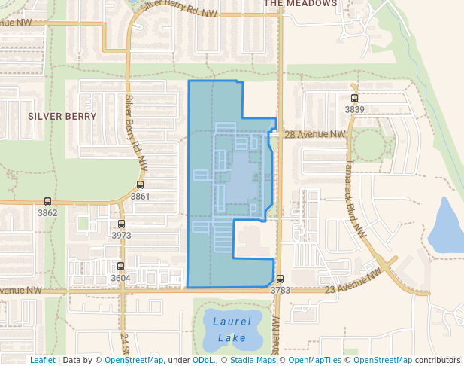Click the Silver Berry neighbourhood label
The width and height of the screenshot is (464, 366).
pyautogui.click(x=62, y=117)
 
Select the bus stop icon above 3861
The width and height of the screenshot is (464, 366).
pyautogui.click(x=141, y=185)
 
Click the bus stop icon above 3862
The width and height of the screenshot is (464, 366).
pyautogui.click(x=48, y=202)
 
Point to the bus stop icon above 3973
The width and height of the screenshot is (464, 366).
pyautogui.click(x=121, y=224)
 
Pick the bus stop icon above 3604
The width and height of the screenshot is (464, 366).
pyautogui.click(x=120, y=267)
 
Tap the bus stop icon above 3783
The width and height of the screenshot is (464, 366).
pyautogui.click(x=280, y=279)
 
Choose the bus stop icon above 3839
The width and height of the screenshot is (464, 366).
pyautogui.click(x=354, y=99)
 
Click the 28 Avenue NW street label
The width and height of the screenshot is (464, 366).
pyautogui.click(x=315, y=134)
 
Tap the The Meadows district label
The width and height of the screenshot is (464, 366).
pyautogui.click(x=301, y=4)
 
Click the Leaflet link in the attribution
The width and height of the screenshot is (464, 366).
pyautogui.click(x=42, y=360)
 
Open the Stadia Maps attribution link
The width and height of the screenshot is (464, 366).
pyautogui.click(x=252, y=360)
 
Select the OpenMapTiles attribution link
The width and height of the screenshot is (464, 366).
pyautogui.click(x=315, y=360)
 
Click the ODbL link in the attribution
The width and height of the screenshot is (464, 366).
pyautogui.click(x=203, y=360)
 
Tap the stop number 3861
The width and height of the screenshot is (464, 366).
pyautogui.click(x=141, y=197)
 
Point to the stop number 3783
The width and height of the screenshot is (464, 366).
pyautogui.click(x=280, y=290)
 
